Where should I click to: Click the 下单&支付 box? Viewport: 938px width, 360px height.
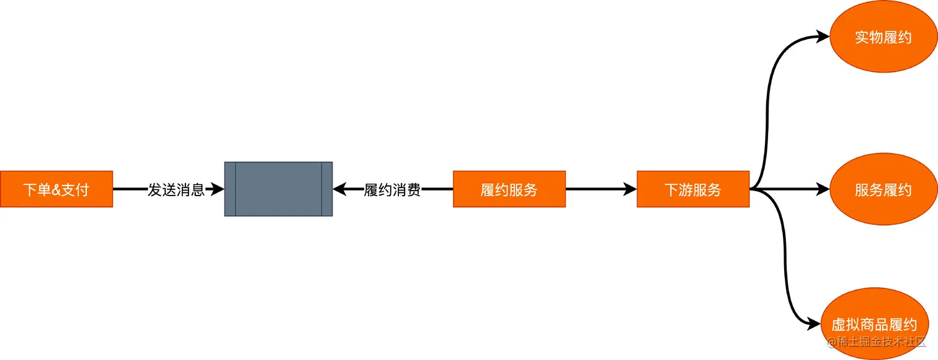click(56, 189)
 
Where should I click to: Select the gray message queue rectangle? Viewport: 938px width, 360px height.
click(279, 189)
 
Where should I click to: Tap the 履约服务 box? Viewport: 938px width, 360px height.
click(509, 189)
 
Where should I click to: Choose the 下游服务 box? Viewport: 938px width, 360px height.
click(693, 189)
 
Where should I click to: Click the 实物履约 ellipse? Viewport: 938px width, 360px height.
click(883, 37)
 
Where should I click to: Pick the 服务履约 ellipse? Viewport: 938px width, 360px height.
click(883, 189)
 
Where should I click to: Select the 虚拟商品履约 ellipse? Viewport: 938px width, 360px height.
click(873, 324)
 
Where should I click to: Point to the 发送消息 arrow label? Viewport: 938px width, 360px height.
click(176, 189)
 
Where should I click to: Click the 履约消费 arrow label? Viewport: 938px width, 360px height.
click(392, 189)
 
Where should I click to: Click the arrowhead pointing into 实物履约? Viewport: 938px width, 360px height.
click(823, 37)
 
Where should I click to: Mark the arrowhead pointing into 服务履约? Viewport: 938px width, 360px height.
click(823, 189)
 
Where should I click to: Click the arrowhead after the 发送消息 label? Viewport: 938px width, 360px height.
click(217, 189)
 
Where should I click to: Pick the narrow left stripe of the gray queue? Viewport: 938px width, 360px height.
click(230, 189)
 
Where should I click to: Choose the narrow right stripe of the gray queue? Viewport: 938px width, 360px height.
click(327, 189)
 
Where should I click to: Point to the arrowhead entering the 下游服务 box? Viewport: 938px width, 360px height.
click(630, 189)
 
